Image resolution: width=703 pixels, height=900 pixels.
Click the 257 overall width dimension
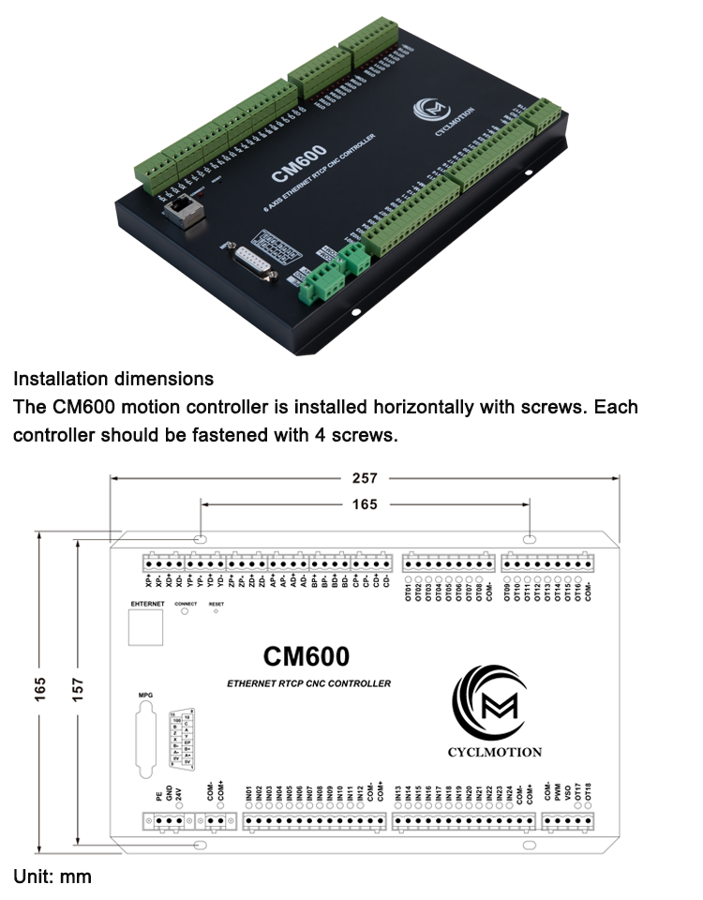click(365, 478)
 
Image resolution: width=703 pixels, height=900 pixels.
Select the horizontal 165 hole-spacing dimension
click(365, 504)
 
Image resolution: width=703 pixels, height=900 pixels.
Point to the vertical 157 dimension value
click(78, 688)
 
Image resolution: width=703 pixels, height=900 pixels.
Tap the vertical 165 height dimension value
click(40, 688)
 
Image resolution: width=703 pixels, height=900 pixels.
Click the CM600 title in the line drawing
click(306, 654)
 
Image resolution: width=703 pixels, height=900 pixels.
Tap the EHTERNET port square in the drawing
click(146, 627)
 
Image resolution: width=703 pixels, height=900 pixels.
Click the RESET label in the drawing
click(217, 604)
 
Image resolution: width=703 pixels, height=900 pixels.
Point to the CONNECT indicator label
click(186, 604)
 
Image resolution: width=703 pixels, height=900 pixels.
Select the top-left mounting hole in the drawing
click(200, 540)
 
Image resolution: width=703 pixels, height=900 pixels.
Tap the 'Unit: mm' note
click(52, 877)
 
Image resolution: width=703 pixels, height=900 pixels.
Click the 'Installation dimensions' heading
click(113, 380)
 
